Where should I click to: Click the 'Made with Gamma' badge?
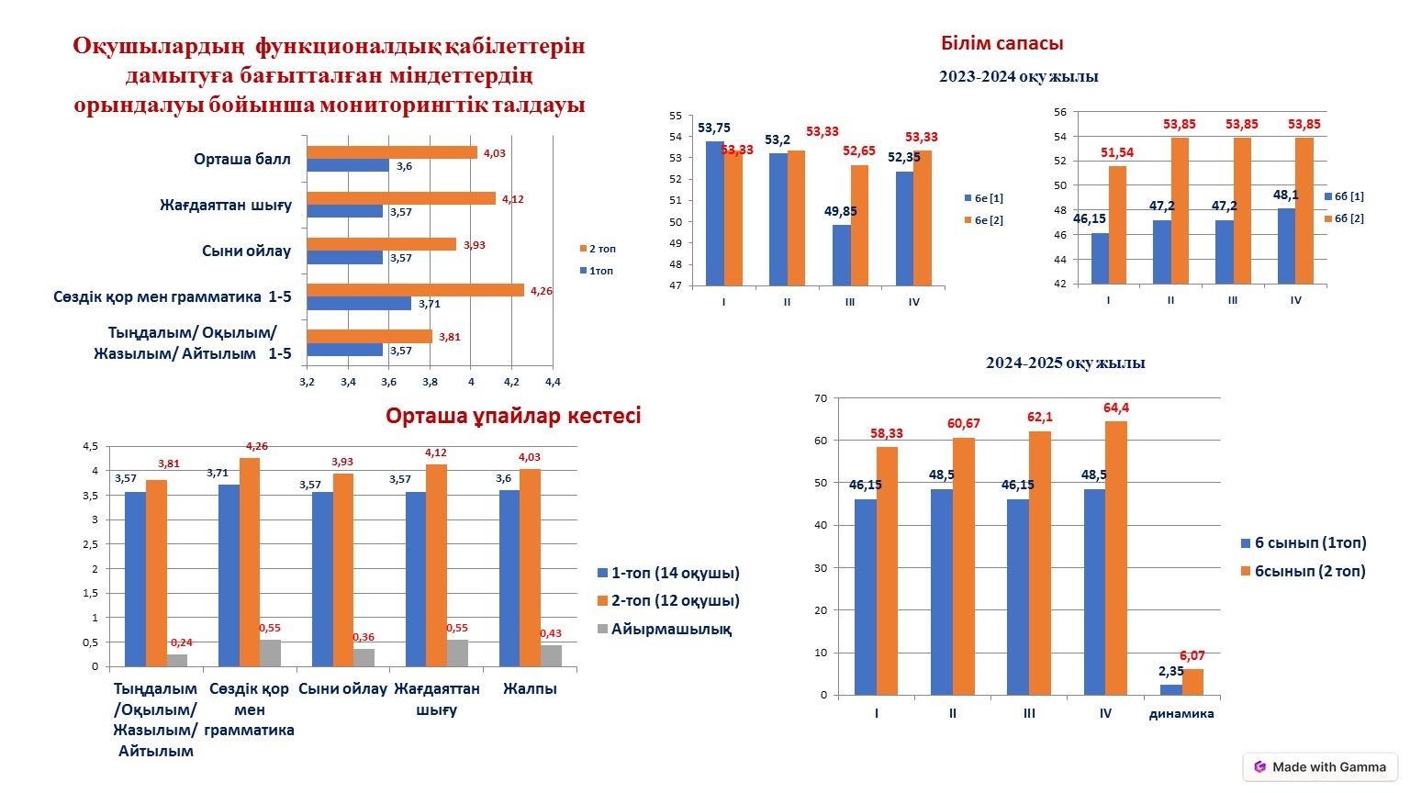(1320, 766)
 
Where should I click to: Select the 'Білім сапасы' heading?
(1002, 43)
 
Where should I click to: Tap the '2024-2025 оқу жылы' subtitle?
(1065, 363)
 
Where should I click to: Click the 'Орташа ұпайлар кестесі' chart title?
(513, 416)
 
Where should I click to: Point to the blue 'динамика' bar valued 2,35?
(1170, 689)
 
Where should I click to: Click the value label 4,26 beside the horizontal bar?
(542, 291)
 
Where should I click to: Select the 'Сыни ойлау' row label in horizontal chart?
(246, 251)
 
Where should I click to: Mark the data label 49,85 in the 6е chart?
(840, 211)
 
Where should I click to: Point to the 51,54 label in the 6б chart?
(1117, 152)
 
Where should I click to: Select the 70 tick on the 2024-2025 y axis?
(820, 398)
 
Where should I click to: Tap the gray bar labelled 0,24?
(177, 660)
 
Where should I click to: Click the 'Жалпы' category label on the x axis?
(530, 688)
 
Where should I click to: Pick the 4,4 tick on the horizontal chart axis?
(552, 382)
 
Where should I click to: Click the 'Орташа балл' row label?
(241, 159)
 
